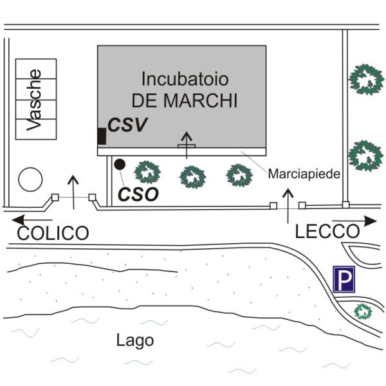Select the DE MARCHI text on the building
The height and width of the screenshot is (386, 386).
185,101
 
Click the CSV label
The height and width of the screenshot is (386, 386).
127,125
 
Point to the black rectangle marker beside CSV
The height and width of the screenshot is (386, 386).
101,136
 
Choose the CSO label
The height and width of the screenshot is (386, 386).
139,194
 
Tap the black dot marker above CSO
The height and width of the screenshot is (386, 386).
119,164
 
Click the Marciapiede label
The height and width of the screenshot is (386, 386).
304,174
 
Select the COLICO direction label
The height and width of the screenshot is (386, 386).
52,233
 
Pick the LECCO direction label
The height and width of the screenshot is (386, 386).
326,232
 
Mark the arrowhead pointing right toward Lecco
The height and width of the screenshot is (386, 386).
371,221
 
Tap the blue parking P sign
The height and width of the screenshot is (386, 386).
344,280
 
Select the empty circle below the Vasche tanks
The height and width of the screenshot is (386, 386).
30,179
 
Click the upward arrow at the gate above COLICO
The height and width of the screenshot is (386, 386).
74,191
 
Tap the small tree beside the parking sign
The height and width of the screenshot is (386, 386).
364,312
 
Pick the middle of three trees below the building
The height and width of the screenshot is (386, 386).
192,176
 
